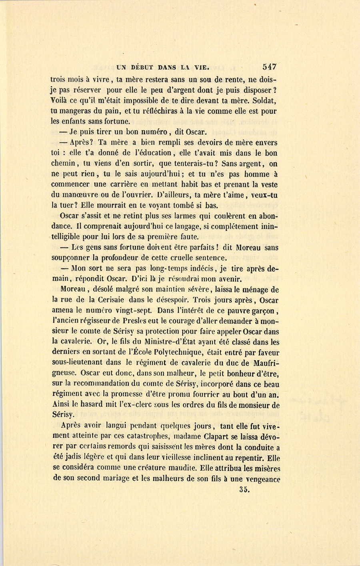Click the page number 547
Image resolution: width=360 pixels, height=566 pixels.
coord(269,67)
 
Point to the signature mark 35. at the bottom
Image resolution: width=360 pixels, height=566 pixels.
coord(244,489)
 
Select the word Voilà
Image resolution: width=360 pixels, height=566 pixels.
coord(61,100)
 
